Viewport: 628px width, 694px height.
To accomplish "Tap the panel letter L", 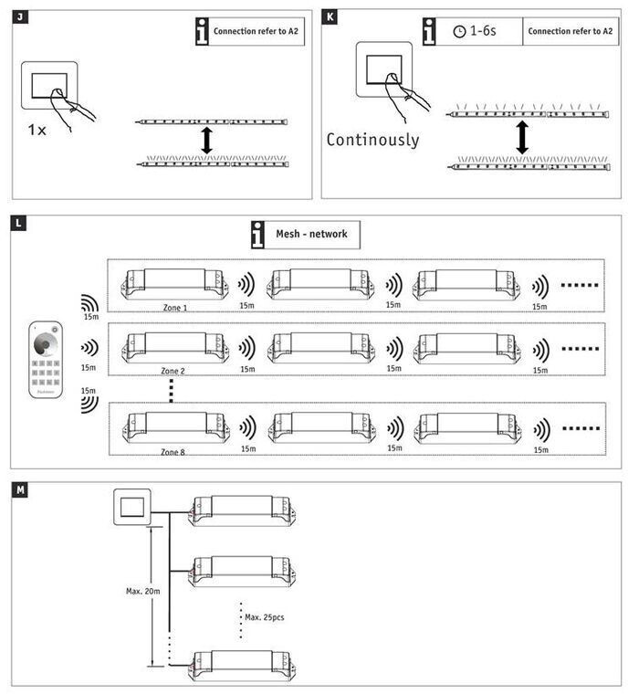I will point(19,222).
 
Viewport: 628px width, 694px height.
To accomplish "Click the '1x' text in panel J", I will point(37,129).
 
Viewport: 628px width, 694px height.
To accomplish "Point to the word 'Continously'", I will point(372,140).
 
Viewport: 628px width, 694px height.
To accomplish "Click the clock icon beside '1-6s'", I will point(458,31).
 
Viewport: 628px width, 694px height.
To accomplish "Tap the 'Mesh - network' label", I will point(312,234).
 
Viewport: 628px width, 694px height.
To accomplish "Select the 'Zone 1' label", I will point(173,308).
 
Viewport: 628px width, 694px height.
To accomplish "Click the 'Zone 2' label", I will point(173,372).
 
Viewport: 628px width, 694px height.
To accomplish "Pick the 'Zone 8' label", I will point(173,451).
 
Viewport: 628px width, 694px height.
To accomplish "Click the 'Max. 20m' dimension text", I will point(143,591).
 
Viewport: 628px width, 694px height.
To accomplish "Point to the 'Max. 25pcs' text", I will point(265,617).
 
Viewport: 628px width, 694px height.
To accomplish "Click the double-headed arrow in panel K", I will point(522,138).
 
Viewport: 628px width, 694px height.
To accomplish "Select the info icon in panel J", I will point(202,30).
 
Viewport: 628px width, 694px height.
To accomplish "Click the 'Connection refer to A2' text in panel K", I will point(570,31).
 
